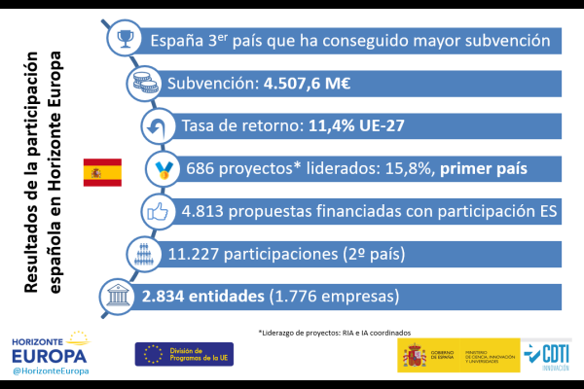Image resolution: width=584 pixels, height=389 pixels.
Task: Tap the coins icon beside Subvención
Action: (x=147, y=84)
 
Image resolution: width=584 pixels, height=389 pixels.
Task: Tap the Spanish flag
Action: (x=102, y=171)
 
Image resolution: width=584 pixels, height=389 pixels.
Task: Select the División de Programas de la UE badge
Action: (x=184, y=354)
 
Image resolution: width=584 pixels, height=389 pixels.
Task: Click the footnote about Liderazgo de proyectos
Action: (x=341, y=332)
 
